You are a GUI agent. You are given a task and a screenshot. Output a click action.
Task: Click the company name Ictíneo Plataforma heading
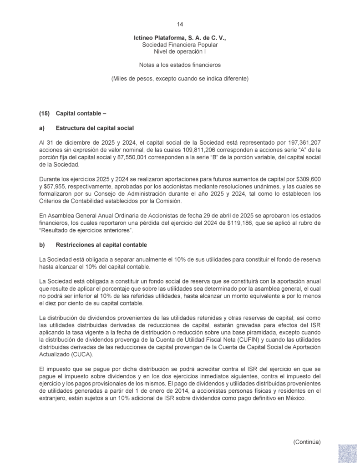[180, 39]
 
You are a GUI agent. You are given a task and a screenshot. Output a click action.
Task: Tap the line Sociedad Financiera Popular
[180, 46]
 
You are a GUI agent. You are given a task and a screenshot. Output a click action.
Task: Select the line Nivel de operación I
[180, 52]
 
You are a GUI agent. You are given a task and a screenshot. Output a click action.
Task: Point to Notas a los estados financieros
[180, 65]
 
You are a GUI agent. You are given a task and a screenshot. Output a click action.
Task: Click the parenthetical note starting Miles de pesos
[180, 78]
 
